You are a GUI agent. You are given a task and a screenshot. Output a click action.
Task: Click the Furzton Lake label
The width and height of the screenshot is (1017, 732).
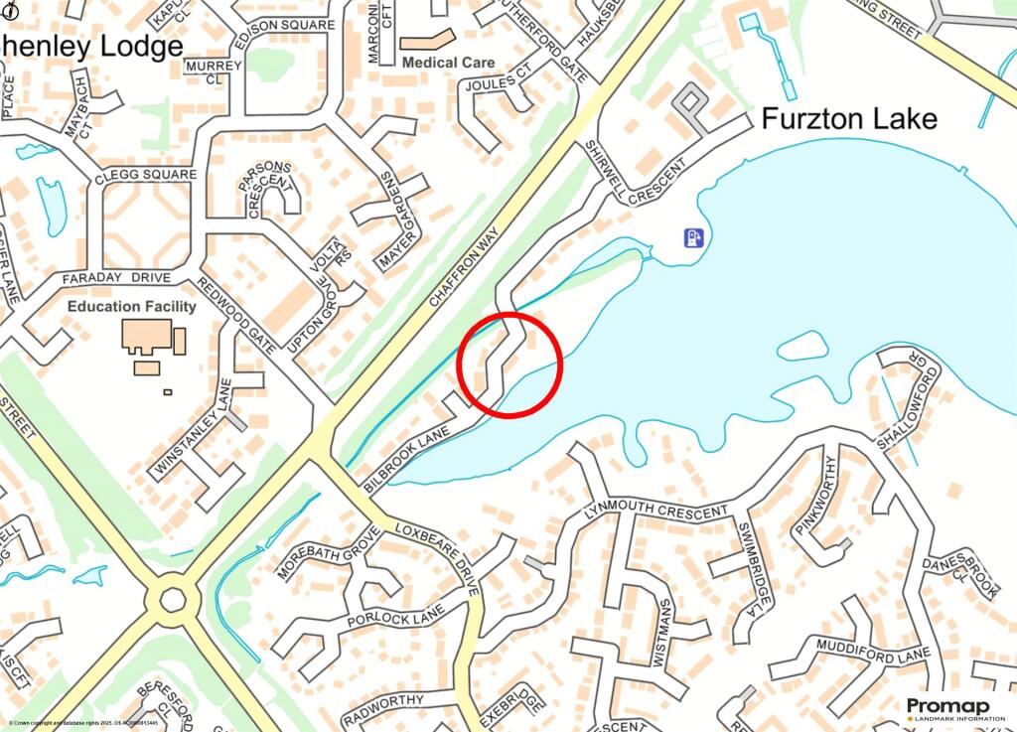tap(849, 119)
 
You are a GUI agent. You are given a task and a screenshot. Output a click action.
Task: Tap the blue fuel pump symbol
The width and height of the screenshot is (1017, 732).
tap(692, 237)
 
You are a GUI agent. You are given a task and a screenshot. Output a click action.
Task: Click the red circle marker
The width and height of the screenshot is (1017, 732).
tap(510, 365)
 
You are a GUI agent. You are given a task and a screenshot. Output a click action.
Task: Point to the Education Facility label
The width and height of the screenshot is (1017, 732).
tap(132, 307)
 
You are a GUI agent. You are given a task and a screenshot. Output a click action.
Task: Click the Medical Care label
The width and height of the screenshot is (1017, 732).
tap(449, 63)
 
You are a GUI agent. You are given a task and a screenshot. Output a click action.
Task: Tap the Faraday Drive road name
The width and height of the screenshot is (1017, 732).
tap(117, 278)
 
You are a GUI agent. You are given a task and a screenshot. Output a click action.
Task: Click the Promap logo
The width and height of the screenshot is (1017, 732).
tap(947, 709)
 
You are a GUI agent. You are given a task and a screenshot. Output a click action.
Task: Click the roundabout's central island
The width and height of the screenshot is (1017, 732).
tap(173, 599)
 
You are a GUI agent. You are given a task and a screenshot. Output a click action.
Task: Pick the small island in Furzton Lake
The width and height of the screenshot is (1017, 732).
tap(801, 346)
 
